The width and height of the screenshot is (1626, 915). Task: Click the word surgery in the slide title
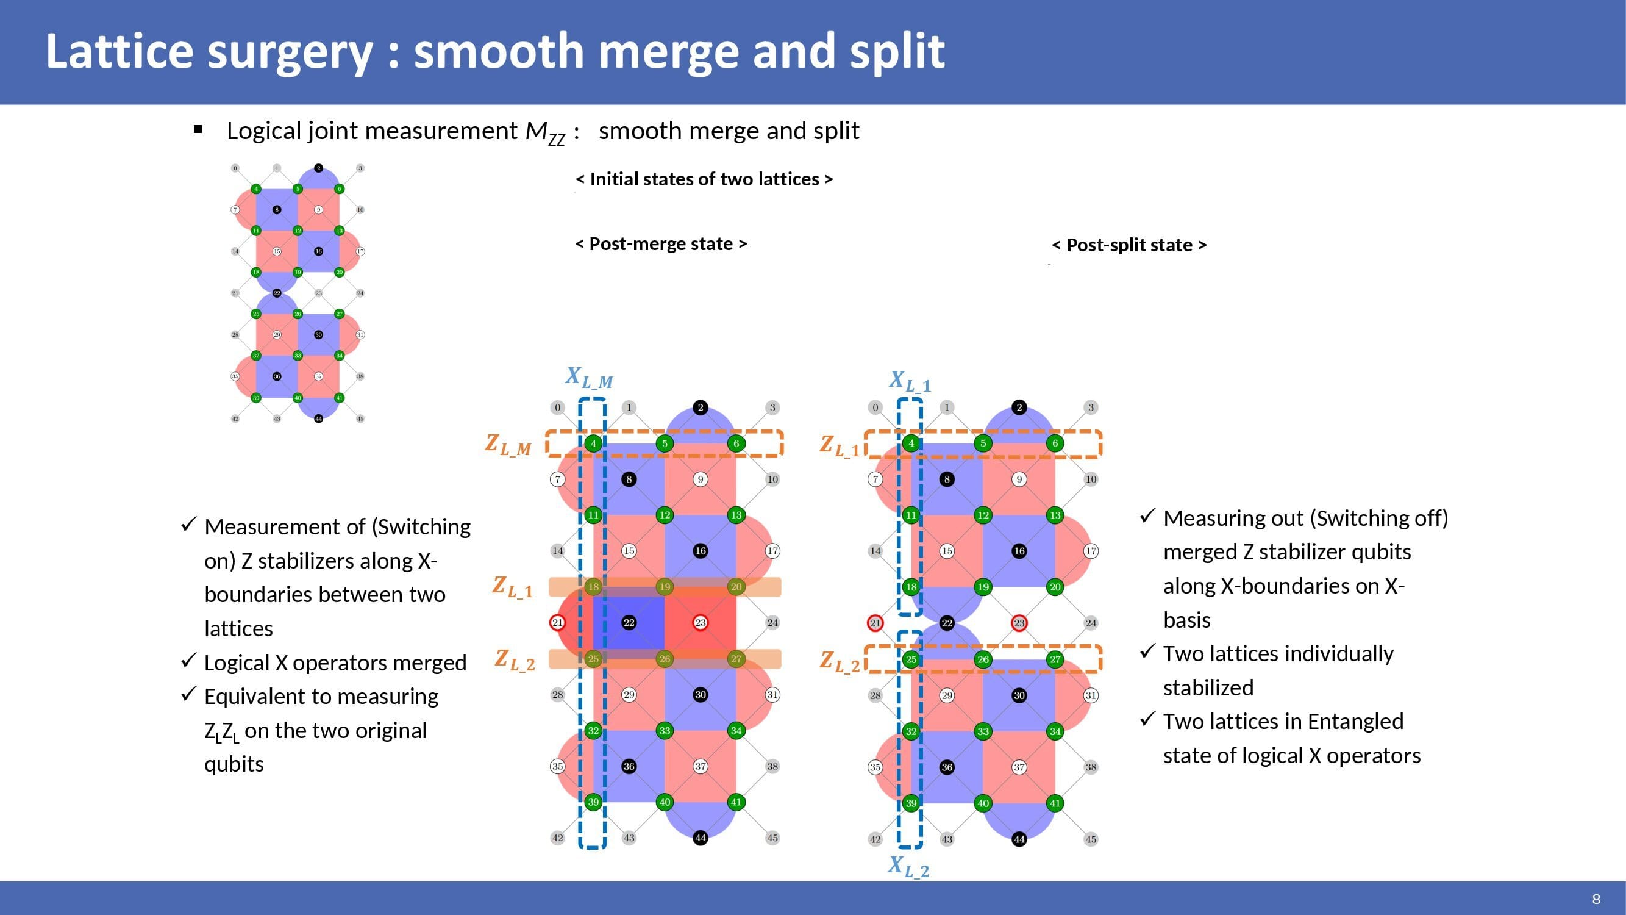290,52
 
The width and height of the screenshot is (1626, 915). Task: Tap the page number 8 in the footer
1596,899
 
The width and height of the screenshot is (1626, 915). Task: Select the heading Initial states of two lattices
704,179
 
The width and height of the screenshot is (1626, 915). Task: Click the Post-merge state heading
661,244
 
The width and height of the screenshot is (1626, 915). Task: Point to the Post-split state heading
1129,245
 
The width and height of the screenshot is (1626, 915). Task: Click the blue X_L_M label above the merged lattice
589,378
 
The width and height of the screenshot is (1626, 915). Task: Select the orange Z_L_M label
508,445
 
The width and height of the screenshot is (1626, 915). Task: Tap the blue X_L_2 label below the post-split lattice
908,866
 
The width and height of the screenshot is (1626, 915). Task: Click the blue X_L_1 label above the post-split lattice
910,381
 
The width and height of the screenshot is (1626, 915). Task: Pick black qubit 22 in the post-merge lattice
629,623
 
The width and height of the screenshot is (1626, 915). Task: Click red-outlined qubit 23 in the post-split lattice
1019,623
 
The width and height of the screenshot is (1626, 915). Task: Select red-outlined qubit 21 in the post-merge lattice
557,623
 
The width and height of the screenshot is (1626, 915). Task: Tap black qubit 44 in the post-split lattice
1019,839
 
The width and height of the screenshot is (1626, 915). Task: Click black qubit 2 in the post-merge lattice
700,407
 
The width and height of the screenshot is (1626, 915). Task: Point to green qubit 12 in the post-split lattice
983,515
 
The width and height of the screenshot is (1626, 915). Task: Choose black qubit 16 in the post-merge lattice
700,551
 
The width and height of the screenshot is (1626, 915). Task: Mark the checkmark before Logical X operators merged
188,661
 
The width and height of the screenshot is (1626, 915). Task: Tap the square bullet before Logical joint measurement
198,130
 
